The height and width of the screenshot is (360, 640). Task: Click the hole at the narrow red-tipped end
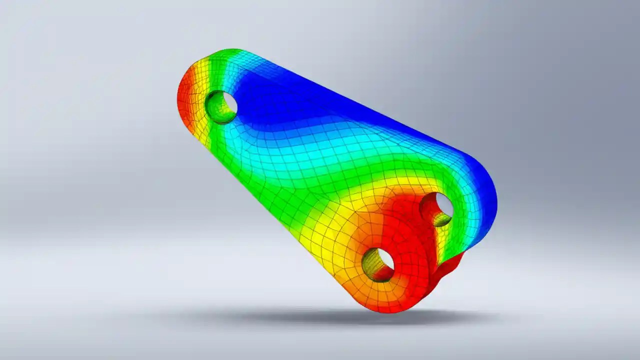coord(221,106)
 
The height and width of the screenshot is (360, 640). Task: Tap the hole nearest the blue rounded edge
coord(436,209)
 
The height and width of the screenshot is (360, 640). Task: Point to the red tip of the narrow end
coord(185,100)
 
